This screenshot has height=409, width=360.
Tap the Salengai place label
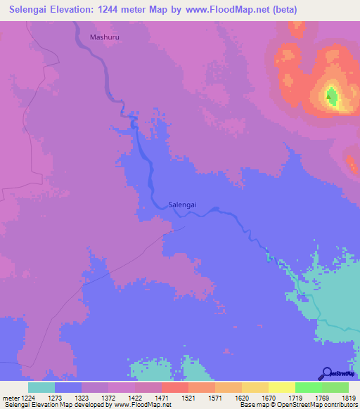point(182,204)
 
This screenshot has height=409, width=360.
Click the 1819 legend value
point(349,398)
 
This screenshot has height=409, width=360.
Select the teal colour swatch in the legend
point(41,387)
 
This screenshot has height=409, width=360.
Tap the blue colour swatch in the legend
point(67,387)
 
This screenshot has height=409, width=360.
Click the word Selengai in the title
point(34,10)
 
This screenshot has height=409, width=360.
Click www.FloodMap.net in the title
point(233,10)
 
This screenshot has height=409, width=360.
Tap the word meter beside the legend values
point(11,398)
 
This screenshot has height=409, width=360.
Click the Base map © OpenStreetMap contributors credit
point(297,405)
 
